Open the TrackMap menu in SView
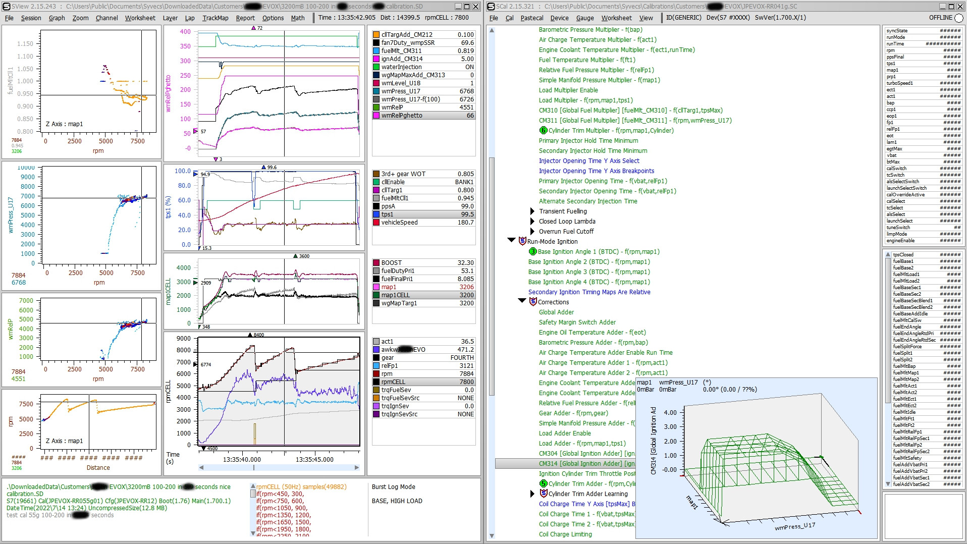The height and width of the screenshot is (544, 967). (215, 18)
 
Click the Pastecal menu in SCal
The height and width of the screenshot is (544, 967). (532, 18)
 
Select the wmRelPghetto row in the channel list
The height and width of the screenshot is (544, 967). (402, 116)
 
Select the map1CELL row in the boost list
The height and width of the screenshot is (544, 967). (395, 295)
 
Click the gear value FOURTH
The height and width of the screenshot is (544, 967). (462, 358)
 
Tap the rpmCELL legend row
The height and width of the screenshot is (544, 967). (393, 382)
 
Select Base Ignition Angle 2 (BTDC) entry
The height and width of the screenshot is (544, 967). (588, 262)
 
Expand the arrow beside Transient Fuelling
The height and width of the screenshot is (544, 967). (532, 211)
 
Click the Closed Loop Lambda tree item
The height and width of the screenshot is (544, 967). (567, 222)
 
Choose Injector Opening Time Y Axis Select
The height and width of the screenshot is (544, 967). (588, 161)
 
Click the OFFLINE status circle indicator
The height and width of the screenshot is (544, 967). (958, 18)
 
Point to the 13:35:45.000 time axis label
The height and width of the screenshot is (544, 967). (314, 460)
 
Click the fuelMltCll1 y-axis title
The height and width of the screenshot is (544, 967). (10, 81)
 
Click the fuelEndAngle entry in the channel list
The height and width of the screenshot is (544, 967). (906, 327)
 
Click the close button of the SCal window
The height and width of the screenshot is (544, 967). (960, 7)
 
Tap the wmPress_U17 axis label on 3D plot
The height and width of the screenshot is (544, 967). (794, 526)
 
